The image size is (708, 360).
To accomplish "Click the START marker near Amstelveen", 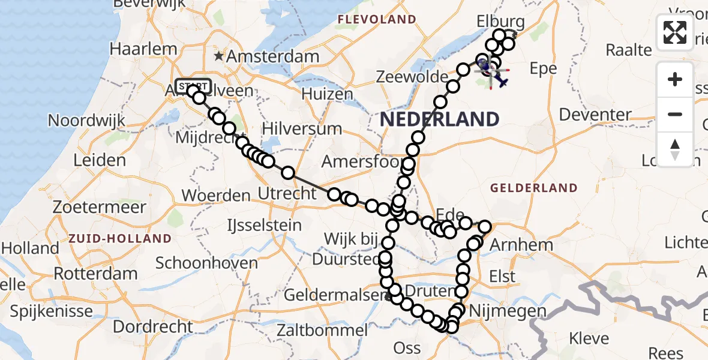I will [x=193, y=85].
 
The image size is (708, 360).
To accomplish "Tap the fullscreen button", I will [x=675, y=32].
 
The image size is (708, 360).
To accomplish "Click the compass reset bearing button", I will [x=675, y=149].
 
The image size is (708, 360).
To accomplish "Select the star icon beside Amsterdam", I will [x=220, y=57].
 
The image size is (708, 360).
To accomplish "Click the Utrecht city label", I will [x=287, y=193].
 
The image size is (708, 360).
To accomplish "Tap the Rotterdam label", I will [x=96, y=273].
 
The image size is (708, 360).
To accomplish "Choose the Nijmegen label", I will [x=499, y=311].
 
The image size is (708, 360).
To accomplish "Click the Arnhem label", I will [x=513, y=244].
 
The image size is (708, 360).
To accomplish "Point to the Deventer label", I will [x=595, y=114].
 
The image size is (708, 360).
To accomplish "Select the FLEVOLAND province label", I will [x=377, y=20].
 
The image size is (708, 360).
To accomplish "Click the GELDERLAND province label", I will [x=534, y=188].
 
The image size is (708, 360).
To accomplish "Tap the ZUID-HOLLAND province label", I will [x=120, y=238].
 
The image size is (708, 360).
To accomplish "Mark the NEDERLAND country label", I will [x=440, y=119].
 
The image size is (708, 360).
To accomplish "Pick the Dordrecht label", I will [x=153, y=327].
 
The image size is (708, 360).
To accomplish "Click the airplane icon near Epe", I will [x=500, y=80].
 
